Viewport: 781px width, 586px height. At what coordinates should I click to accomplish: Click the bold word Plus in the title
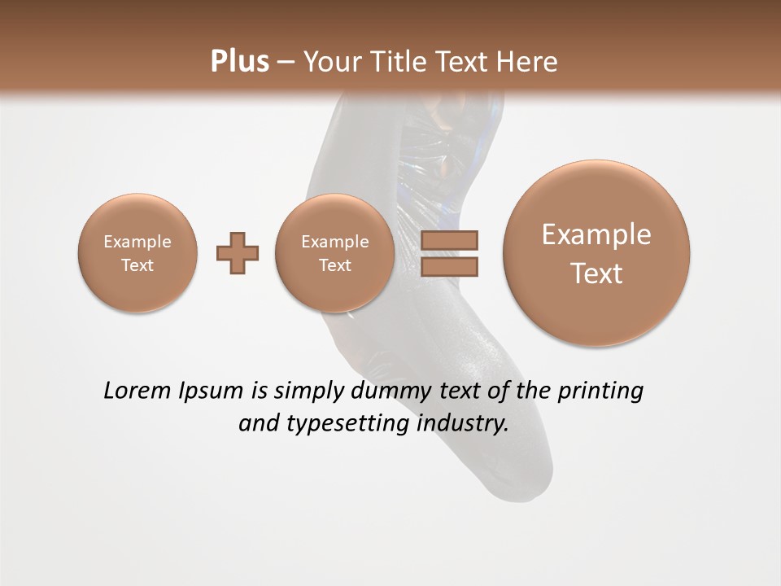[239, 62]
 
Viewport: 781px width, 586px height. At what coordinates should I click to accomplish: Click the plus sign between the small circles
[238, 253]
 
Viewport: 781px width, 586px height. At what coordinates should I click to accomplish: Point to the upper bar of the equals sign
[449, 242]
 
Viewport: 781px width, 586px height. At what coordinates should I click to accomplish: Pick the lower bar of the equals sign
[449, 266]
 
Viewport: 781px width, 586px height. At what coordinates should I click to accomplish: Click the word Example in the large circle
[596, 234]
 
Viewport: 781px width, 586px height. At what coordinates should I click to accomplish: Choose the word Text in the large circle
[596, 273]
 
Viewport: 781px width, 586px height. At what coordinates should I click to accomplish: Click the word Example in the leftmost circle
[137, 242]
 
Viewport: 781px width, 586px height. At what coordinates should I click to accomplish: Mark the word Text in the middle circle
[335, 265]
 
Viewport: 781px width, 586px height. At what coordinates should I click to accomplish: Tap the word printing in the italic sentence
[600, 391]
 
